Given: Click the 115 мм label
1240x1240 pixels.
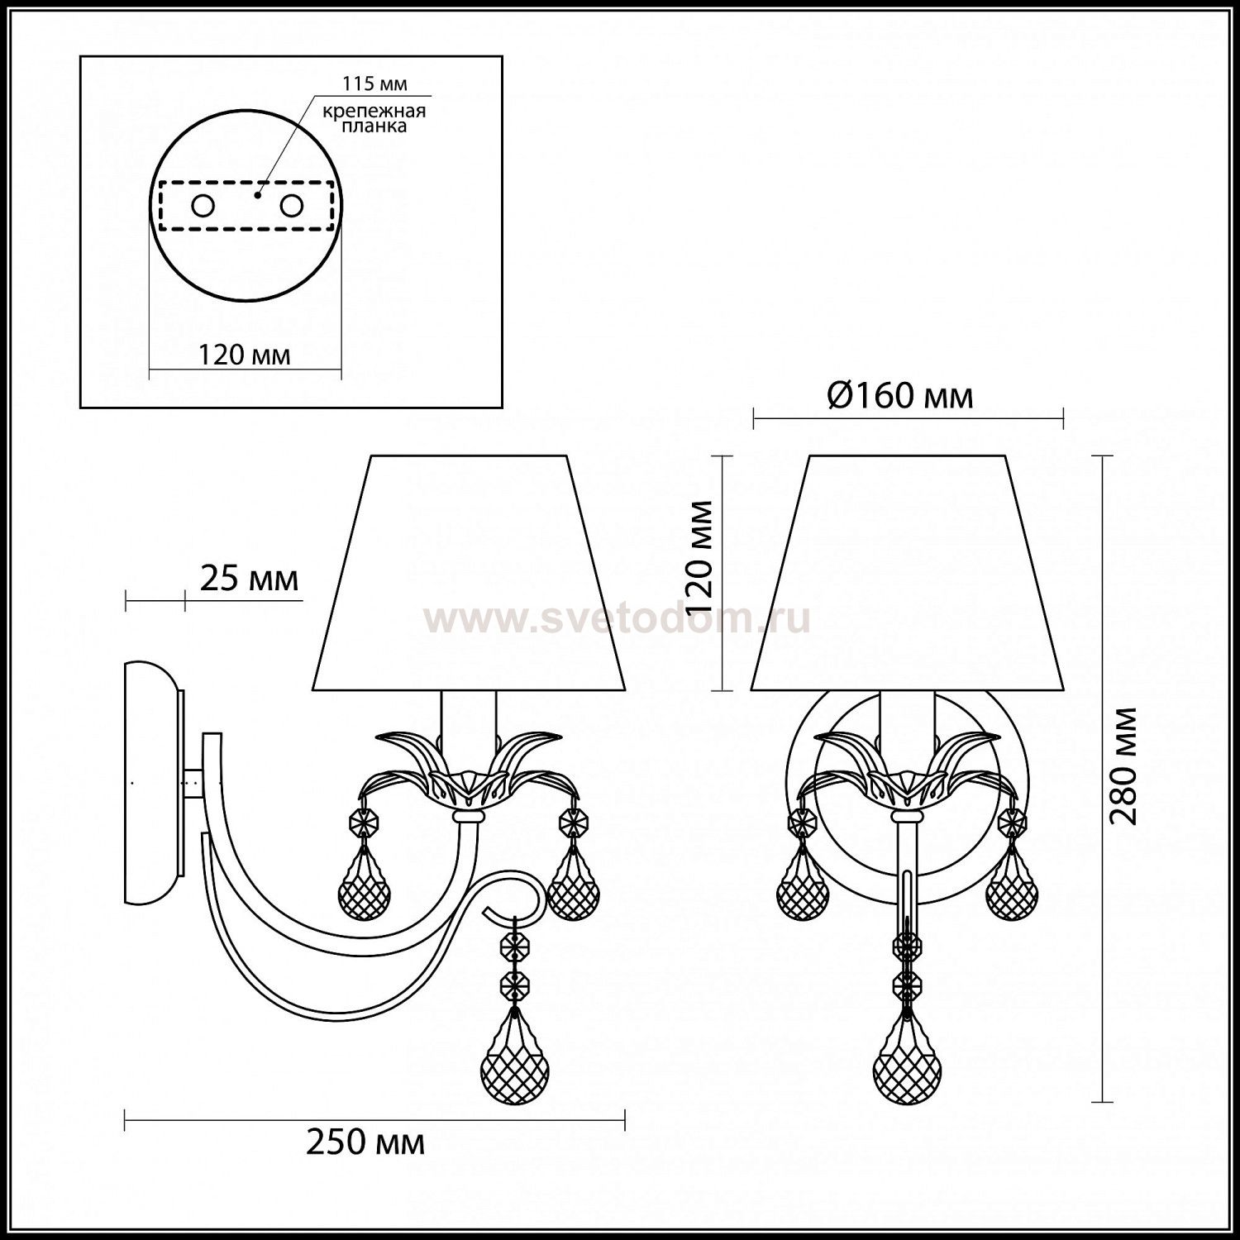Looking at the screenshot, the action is pos(375,84).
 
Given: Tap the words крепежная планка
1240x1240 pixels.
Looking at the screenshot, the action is pos(374,119).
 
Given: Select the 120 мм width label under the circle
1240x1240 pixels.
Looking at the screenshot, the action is pos(245,355).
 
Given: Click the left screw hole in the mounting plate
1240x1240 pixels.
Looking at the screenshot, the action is pos(203,206).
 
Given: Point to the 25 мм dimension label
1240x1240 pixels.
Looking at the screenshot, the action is pos(249,579).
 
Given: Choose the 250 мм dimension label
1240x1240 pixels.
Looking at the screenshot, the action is pos(365,1142).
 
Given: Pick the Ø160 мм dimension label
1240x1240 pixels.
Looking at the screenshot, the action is pos(900,397).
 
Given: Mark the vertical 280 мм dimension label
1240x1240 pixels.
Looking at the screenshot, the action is pos(1124,765).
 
